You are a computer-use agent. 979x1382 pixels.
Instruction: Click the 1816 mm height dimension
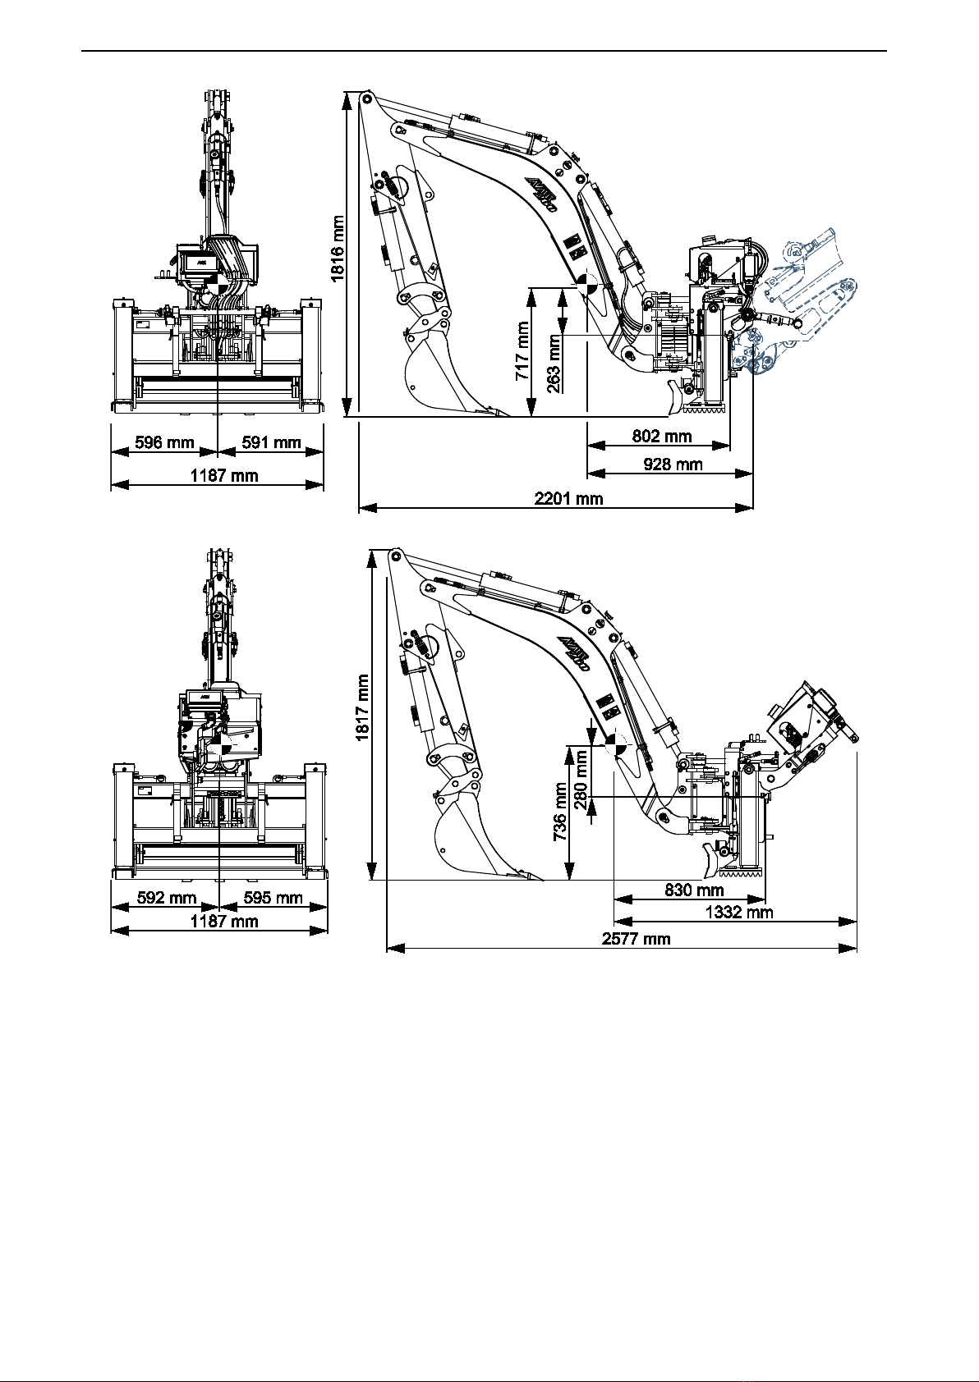(x=338, y=249)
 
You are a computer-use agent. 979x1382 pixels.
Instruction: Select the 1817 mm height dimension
(x=362, y=707)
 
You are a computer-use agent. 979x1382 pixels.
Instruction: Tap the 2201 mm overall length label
(x=568, y=498)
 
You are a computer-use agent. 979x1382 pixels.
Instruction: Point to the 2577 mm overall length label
(x=636, y=938)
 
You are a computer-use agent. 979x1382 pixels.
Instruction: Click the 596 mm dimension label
(x=164, y=442)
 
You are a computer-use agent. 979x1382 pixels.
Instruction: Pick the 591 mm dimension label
(x=271, y=442)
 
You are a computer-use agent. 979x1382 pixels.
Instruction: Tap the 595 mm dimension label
(x=273, y=898)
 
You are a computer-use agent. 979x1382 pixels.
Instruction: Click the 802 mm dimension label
(x=662, y=437)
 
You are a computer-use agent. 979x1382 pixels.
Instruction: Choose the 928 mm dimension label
(x=673, y=464)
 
